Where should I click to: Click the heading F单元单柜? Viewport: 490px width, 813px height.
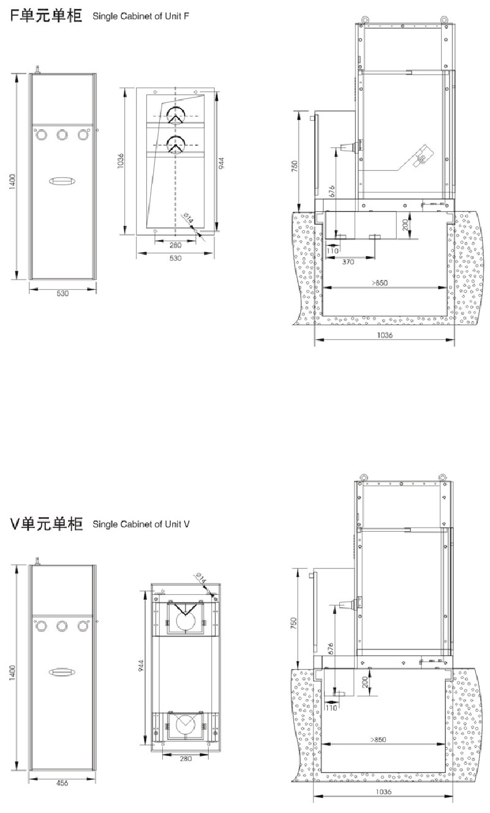tap(46, 16)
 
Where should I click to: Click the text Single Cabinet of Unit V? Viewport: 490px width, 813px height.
tap(141, 524)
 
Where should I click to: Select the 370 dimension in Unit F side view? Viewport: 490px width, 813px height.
tap(348, 262)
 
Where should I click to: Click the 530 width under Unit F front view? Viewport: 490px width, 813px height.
tap(62, 294)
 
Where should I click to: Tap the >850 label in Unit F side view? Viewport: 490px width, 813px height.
tap(379, 283)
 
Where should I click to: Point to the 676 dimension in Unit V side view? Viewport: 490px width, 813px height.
tap(331, 649)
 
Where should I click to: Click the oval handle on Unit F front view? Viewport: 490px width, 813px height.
tap(62, 181)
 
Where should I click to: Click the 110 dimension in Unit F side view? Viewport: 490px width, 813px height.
tap(333, 251)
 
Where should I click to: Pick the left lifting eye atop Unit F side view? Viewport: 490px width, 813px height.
tap(363, 19)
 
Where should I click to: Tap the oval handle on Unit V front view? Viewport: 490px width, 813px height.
tap(62, 672)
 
